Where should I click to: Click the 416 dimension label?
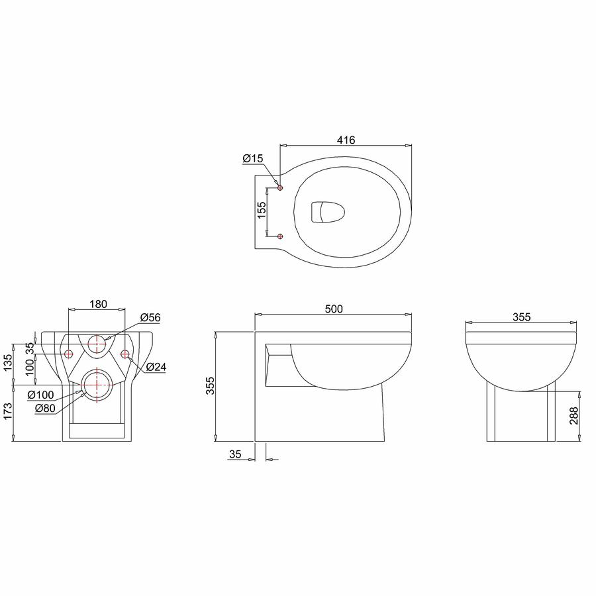click(346, 140)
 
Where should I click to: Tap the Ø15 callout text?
click(253, 158)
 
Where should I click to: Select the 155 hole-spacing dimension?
click(262, 210)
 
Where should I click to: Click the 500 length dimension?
click(334, 309)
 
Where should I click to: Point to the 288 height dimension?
click(574, 415)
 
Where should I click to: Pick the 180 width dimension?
click(98, 304)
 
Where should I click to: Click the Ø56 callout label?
click(150, 317)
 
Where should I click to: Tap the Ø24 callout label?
click(156, 367)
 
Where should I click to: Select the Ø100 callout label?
click(40, 395)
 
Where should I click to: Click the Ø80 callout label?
click(45, 408)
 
